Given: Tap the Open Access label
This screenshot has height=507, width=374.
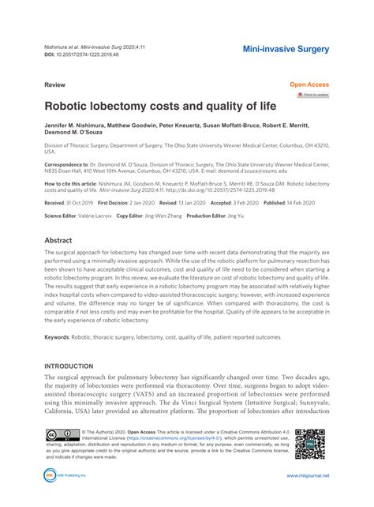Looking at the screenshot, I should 309,83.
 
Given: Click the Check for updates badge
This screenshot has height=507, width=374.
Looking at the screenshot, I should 312,96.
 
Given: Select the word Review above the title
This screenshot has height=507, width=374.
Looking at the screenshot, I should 54,83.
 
